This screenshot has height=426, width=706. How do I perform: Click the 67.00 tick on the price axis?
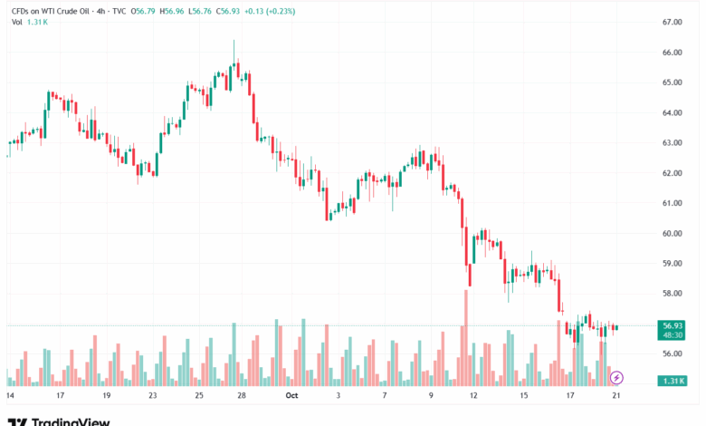click(x=671, y=22)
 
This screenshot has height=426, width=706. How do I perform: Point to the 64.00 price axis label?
click(x=671, y=112)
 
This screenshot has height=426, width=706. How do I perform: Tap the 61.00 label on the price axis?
click(x=671, y=203)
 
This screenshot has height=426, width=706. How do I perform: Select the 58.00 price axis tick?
click(x=671, y=294)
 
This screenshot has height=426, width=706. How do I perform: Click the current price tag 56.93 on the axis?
click(x=672, y=325)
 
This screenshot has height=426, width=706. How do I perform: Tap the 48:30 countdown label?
click(x=672, y=334)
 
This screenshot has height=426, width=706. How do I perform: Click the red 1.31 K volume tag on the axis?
click(x=672, y=381)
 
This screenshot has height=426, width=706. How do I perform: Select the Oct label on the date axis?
click(x=291, y=396)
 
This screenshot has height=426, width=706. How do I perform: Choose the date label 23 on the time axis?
click(x=153, y=396)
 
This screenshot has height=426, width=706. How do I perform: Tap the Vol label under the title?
click(x=17, y=22)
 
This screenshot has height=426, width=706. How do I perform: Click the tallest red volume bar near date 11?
click(x=466, y=336)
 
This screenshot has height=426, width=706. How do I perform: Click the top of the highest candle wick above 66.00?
click(x=234, y=41)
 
